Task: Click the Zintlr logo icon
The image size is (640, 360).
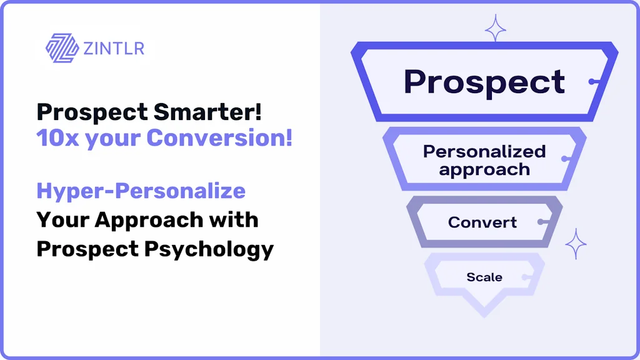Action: [62, 48]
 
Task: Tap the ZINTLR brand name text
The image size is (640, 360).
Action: [114, 49]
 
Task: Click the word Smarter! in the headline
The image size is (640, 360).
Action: [207, 111]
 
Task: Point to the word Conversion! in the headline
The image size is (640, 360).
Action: [219, 137]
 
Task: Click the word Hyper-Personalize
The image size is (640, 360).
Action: [141, 191]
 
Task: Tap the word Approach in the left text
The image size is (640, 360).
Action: [149, 221]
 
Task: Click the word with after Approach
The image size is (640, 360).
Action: [234, 220]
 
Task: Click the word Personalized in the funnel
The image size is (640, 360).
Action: [484, 151]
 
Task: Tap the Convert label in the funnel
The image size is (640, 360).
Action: [482, 222]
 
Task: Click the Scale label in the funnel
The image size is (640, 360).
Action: [484, 277]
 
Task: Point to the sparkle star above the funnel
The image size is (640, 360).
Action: [496, 28]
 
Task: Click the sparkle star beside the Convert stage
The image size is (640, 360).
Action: [576, 244]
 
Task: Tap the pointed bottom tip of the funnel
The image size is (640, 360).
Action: [484, 316]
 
